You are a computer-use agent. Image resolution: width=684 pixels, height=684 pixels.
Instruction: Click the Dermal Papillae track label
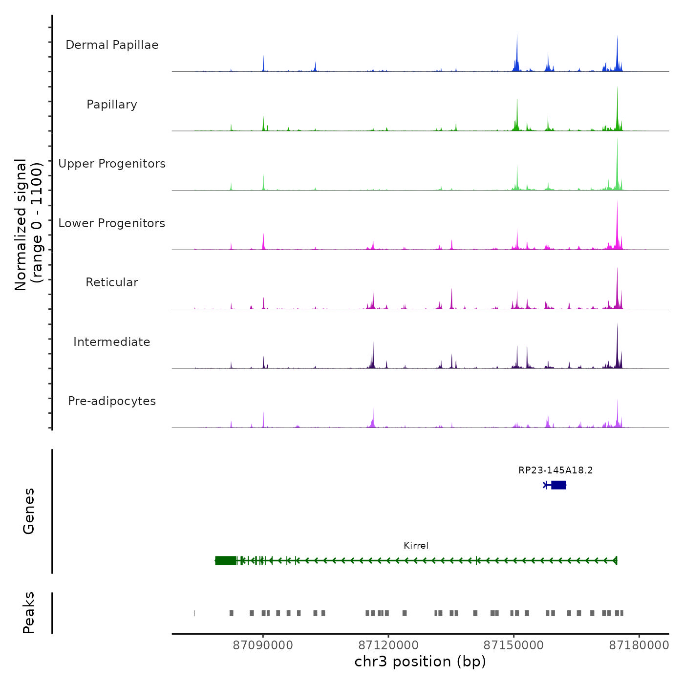(x=112, y=45)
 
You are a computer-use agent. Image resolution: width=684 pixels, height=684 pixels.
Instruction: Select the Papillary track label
(x=112, y=105)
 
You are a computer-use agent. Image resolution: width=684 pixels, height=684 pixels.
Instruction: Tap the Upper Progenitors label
(x=112, y=164)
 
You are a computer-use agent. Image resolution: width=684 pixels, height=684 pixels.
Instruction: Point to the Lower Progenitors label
(x=112, y=223)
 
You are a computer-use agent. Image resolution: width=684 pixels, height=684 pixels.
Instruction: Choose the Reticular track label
(x=112, y=282)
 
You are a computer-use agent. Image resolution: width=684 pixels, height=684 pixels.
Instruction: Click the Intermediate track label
(x=112, y=342)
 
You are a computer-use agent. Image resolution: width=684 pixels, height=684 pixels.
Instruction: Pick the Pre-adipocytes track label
(x=112, y=401)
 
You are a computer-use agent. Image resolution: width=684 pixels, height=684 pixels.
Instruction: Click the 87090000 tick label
(x=263, y=645)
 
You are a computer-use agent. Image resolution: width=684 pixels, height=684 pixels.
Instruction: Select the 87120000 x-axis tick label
(x=388, y=645)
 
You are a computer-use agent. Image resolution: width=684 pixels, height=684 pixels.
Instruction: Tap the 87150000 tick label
(x=513, y=645)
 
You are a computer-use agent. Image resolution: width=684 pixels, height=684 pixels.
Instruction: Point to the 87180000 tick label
(x=639, y=645)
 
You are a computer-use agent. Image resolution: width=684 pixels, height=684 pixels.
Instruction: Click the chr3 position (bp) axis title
(x=420, y=662)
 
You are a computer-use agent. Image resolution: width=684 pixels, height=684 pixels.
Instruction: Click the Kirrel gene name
(x=416, y=546)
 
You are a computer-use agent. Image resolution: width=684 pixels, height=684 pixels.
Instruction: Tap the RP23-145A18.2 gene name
(x=556, y=470)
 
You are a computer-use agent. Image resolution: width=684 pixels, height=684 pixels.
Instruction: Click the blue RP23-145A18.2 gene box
(x=558, y=485)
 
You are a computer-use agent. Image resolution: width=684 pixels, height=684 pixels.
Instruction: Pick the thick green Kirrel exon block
(x=226, y=560)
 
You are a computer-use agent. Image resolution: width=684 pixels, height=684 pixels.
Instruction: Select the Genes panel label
(x=29, y=511)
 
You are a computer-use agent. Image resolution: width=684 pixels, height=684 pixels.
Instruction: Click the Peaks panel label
(x=29, y=613)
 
